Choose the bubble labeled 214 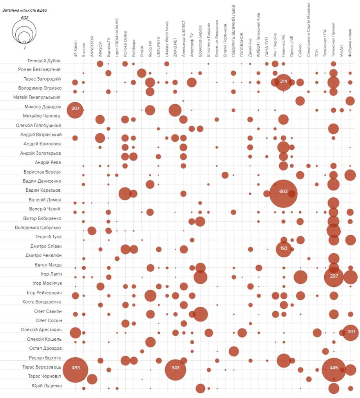[x=283, y=82]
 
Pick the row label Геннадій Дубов [x=44, y=60]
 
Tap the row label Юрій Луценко [x=46, y=386]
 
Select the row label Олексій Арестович [x=41, y=330]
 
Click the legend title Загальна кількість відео [x=25, y=11]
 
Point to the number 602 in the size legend [x=25, y=18]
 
